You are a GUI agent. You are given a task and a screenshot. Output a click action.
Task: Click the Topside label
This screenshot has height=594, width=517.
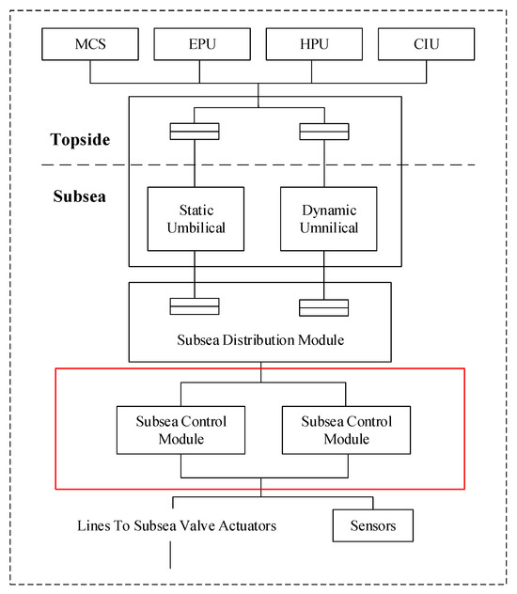click(81, 141)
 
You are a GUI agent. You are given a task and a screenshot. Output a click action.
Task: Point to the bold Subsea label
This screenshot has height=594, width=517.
click(77, 199)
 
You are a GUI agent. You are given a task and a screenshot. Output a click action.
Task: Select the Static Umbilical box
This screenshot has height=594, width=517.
click(195, 218)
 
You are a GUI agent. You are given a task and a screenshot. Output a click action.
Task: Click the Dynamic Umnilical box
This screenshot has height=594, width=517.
click(328, 218)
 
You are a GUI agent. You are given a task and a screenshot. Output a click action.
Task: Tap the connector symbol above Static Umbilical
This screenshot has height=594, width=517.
click(195, 132)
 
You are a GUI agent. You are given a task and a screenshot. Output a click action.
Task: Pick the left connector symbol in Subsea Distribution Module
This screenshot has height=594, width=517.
click(195, 306)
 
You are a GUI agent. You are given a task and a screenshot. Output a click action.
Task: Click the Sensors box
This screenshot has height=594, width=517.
click(373, 526)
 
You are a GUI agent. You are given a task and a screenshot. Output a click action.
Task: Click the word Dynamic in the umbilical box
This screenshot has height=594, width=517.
click(328, 210)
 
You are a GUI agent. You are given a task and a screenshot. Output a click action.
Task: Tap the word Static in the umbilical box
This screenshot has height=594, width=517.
click(195, 210)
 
